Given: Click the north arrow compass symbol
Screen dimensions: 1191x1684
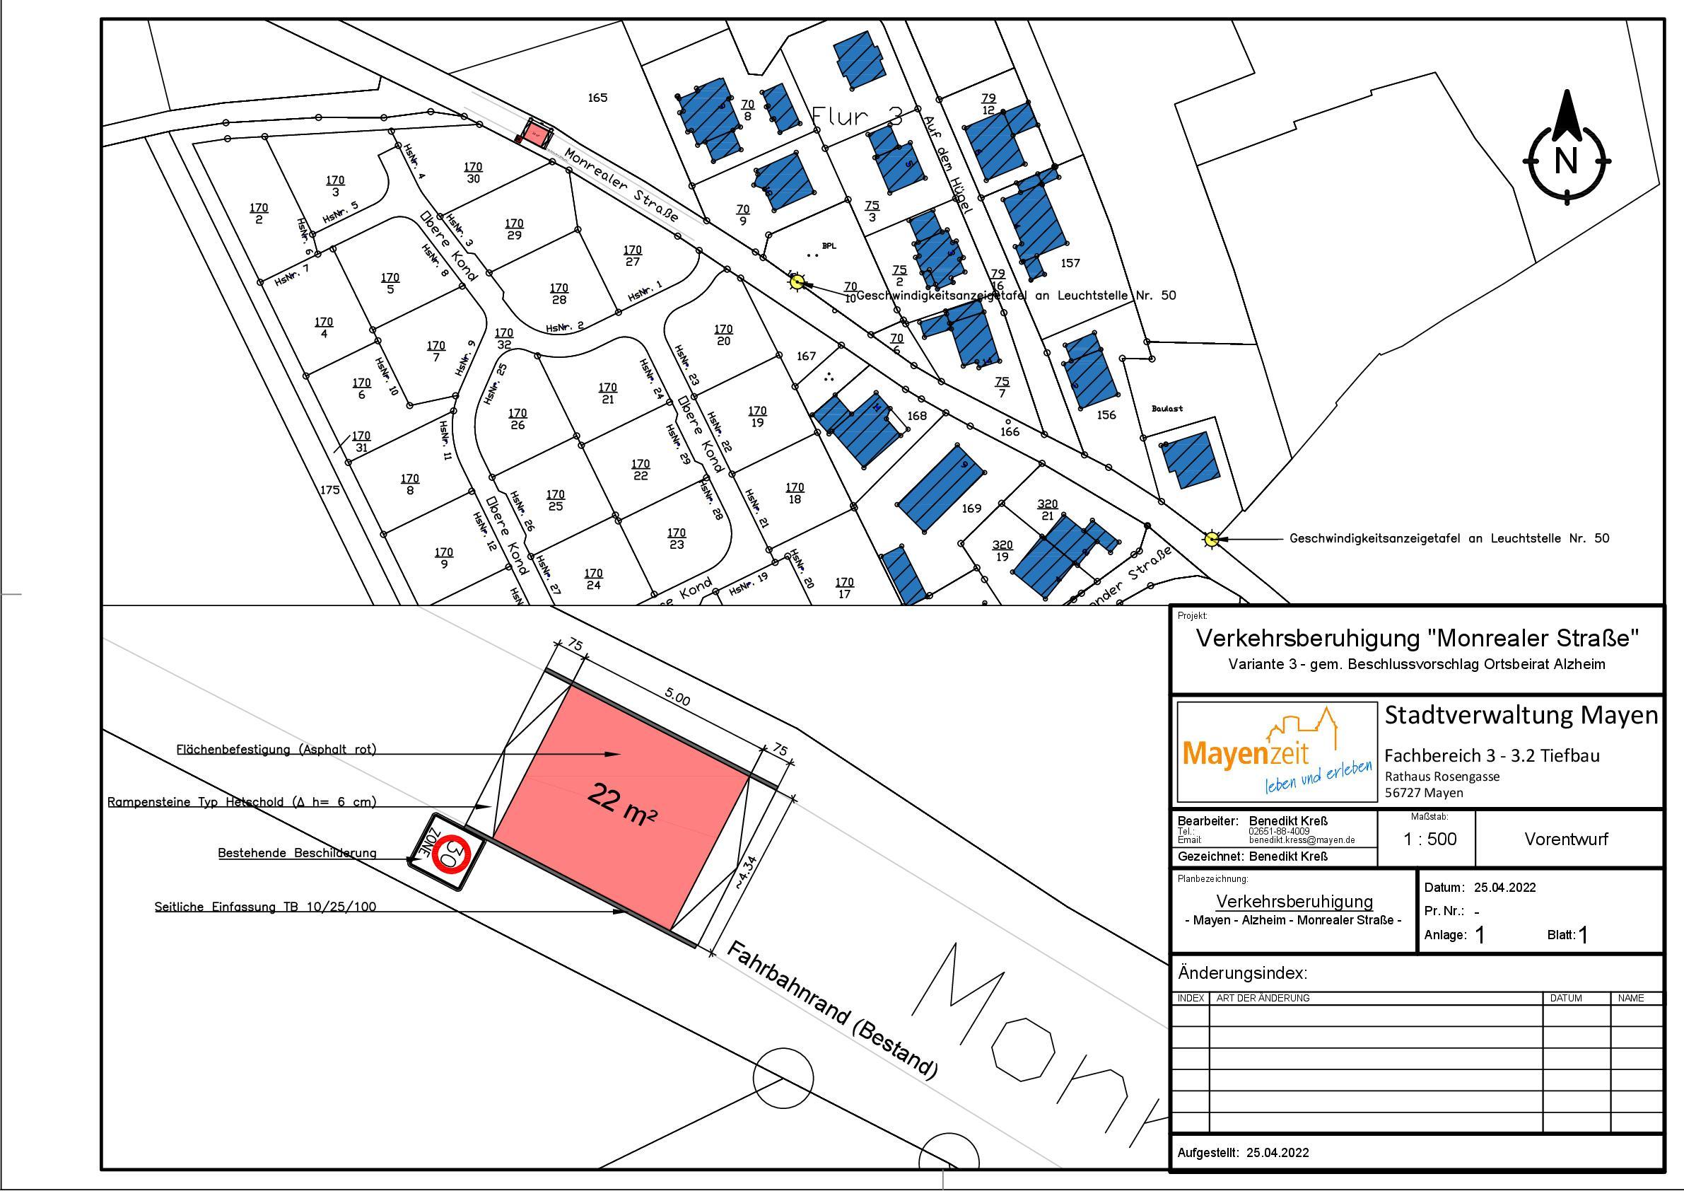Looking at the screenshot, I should (x=1567, y=158).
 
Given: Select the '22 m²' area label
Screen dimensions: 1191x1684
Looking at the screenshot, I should (x=622, y=806).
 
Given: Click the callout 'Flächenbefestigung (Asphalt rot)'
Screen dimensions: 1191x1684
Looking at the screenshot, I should (x=276, y=749).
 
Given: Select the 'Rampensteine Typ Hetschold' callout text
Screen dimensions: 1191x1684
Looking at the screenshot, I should (x=241, y=802).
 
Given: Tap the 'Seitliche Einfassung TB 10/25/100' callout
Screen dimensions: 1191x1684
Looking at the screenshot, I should (x=265, y=907).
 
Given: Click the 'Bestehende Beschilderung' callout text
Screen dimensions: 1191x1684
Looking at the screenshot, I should (x=297, y=854).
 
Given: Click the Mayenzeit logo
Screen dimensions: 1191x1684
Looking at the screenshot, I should (x=1276, y=751).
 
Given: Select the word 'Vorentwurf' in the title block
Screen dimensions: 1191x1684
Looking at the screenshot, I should (x=1566, y=839).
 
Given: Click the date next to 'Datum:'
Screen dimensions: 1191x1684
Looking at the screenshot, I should (x=1504, y=887).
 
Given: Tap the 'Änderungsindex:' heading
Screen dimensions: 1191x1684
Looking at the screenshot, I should (x=1242, y=974).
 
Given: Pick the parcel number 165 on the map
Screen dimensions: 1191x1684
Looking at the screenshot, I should (x=598, y=98).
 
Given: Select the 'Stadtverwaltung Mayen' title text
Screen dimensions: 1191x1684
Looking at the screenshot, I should (x=1521, y=716).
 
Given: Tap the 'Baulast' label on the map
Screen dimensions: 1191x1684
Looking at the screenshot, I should (x=1167, y=409).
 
